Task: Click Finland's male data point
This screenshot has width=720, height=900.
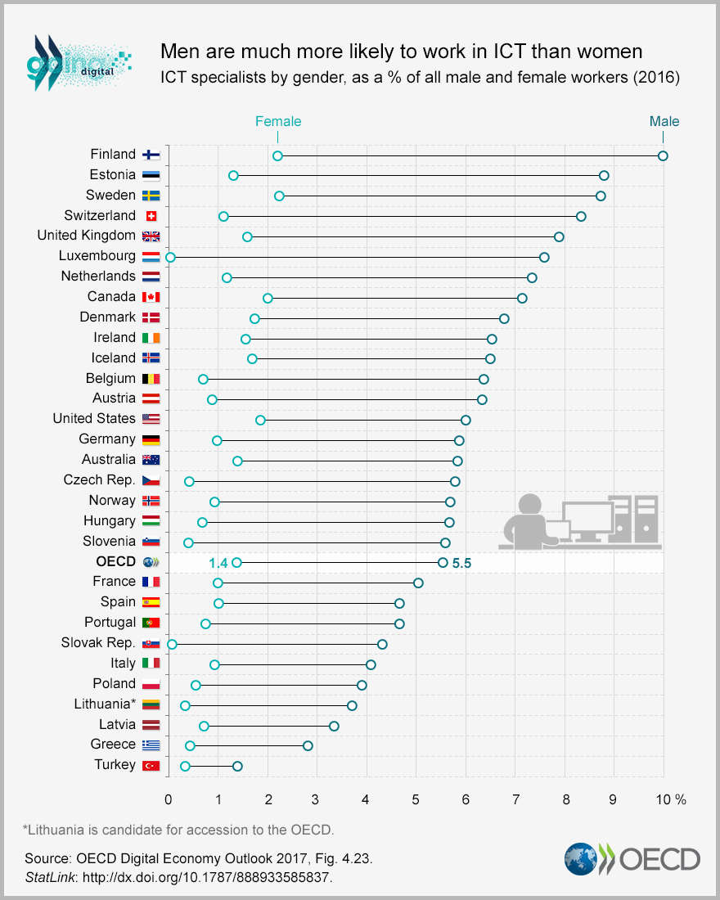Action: (663, 155)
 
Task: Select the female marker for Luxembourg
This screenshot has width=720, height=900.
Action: (170, 257)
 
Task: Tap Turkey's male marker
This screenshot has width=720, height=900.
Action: (237, 766)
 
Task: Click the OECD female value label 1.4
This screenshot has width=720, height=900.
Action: (218, 563)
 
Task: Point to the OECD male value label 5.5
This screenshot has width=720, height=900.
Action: (462, 563)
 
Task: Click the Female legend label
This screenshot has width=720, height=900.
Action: (278, 121)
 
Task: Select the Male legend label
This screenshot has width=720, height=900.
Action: (664, 121)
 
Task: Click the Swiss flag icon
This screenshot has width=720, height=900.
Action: (151, 216)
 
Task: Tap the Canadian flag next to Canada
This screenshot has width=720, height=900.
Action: (151, 297)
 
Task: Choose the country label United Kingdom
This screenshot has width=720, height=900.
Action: (86, 236)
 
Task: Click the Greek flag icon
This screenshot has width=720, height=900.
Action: (151, 745)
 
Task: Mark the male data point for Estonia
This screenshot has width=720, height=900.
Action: (604, 175)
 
